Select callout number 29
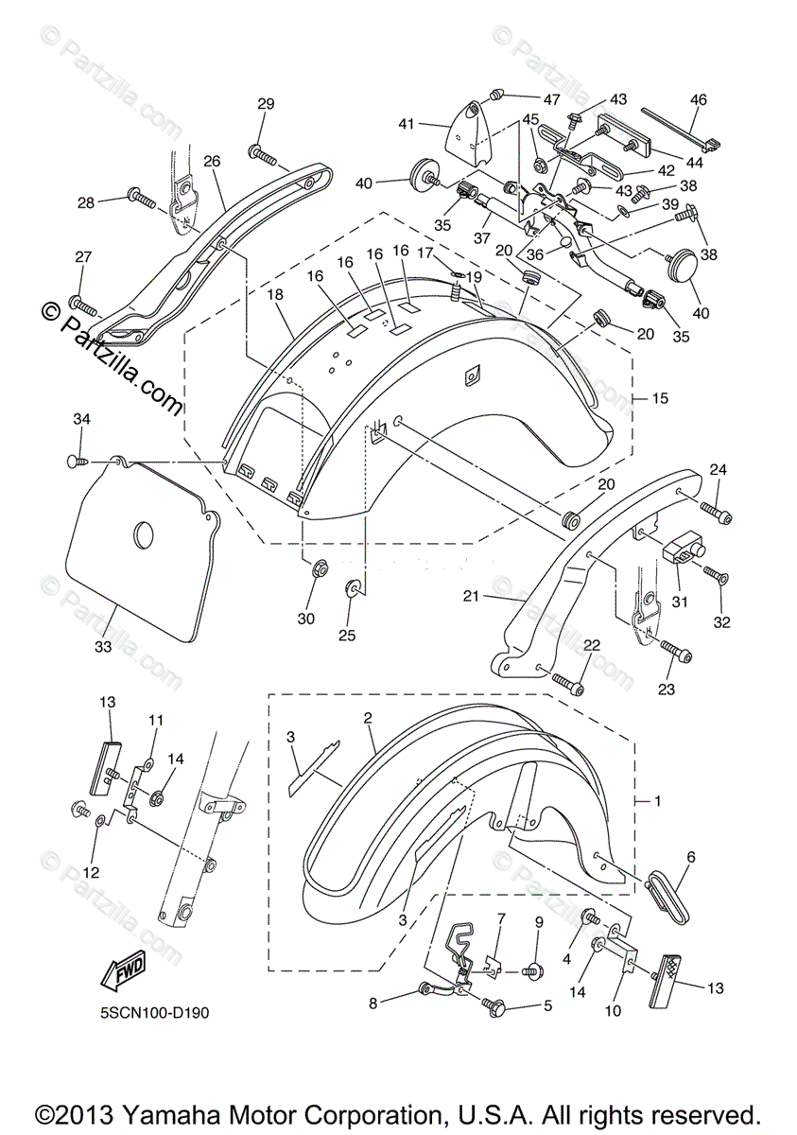tap(266, 103)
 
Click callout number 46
tap(699, 100)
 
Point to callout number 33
tap(103, 647)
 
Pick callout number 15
tap(660, 398)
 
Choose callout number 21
tap(471, 597)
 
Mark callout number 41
tap(407, 124)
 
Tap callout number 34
tap(82, 419)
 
